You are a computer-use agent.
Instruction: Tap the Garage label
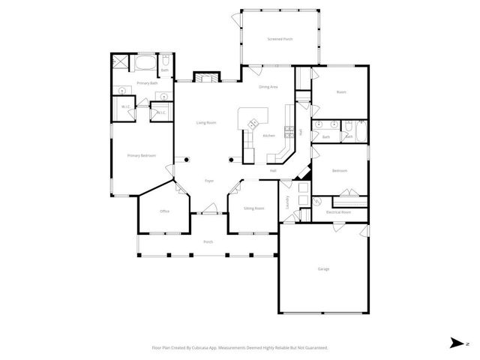323,268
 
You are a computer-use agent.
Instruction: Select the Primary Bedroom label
141,155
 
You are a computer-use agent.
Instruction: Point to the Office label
164,211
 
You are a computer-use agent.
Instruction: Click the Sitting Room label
254,208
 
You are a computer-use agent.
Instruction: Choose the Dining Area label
268,88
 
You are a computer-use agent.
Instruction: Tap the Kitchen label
268,136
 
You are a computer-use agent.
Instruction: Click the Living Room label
206,122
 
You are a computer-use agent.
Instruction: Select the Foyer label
209,181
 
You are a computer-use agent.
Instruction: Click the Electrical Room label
338,212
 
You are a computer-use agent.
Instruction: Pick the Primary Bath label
147,83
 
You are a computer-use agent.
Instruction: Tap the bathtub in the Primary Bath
143,62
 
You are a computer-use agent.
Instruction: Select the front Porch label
208,241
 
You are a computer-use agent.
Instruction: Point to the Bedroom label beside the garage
339,170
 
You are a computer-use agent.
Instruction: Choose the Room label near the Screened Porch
341,92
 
